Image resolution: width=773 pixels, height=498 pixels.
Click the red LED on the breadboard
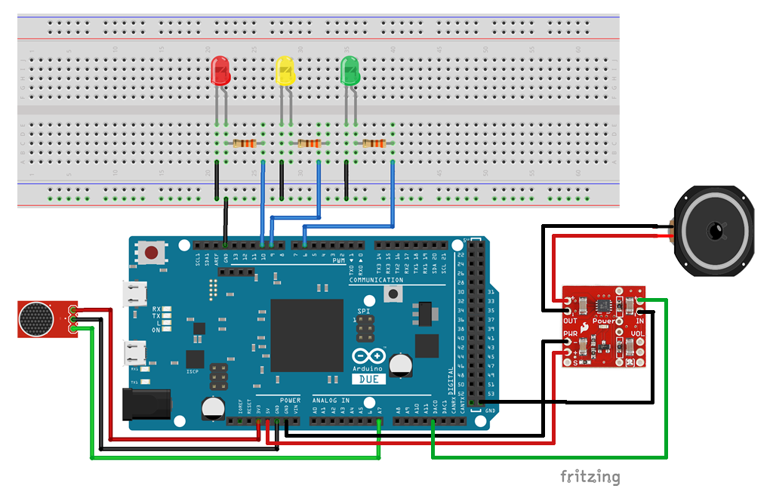(220, 71)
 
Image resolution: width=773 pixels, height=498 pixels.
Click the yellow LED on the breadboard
(285, 71)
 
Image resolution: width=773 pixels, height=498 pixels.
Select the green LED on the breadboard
(350, 71)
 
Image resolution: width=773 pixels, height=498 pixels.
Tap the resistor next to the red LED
(245, 143)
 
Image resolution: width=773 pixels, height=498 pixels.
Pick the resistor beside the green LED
(374, 143)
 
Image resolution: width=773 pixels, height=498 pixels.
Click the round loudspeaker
(713, 229)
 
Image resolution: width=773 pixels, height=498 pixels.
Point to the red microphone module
(45, 318)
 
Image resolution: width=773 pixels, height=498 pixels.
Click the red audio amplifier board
(604, 326)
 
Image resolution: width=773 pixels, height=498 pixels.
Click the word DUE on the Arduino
(369, 379)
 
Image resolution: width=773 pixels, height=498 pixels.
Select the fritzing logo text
(590, 477)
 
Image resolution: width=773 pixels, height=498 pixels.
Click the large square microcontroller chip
(306, 335)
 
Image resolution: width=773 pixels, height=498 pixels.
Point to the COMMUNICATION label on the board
(376, 280)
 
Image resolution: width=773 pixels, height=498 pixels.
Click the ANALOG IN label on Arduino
(331, 401)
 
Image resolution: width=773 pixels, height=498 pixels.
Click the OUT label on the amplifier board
(571, 320)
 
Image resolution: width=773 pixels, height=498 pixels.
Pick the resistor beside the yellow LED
(310, 143)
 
